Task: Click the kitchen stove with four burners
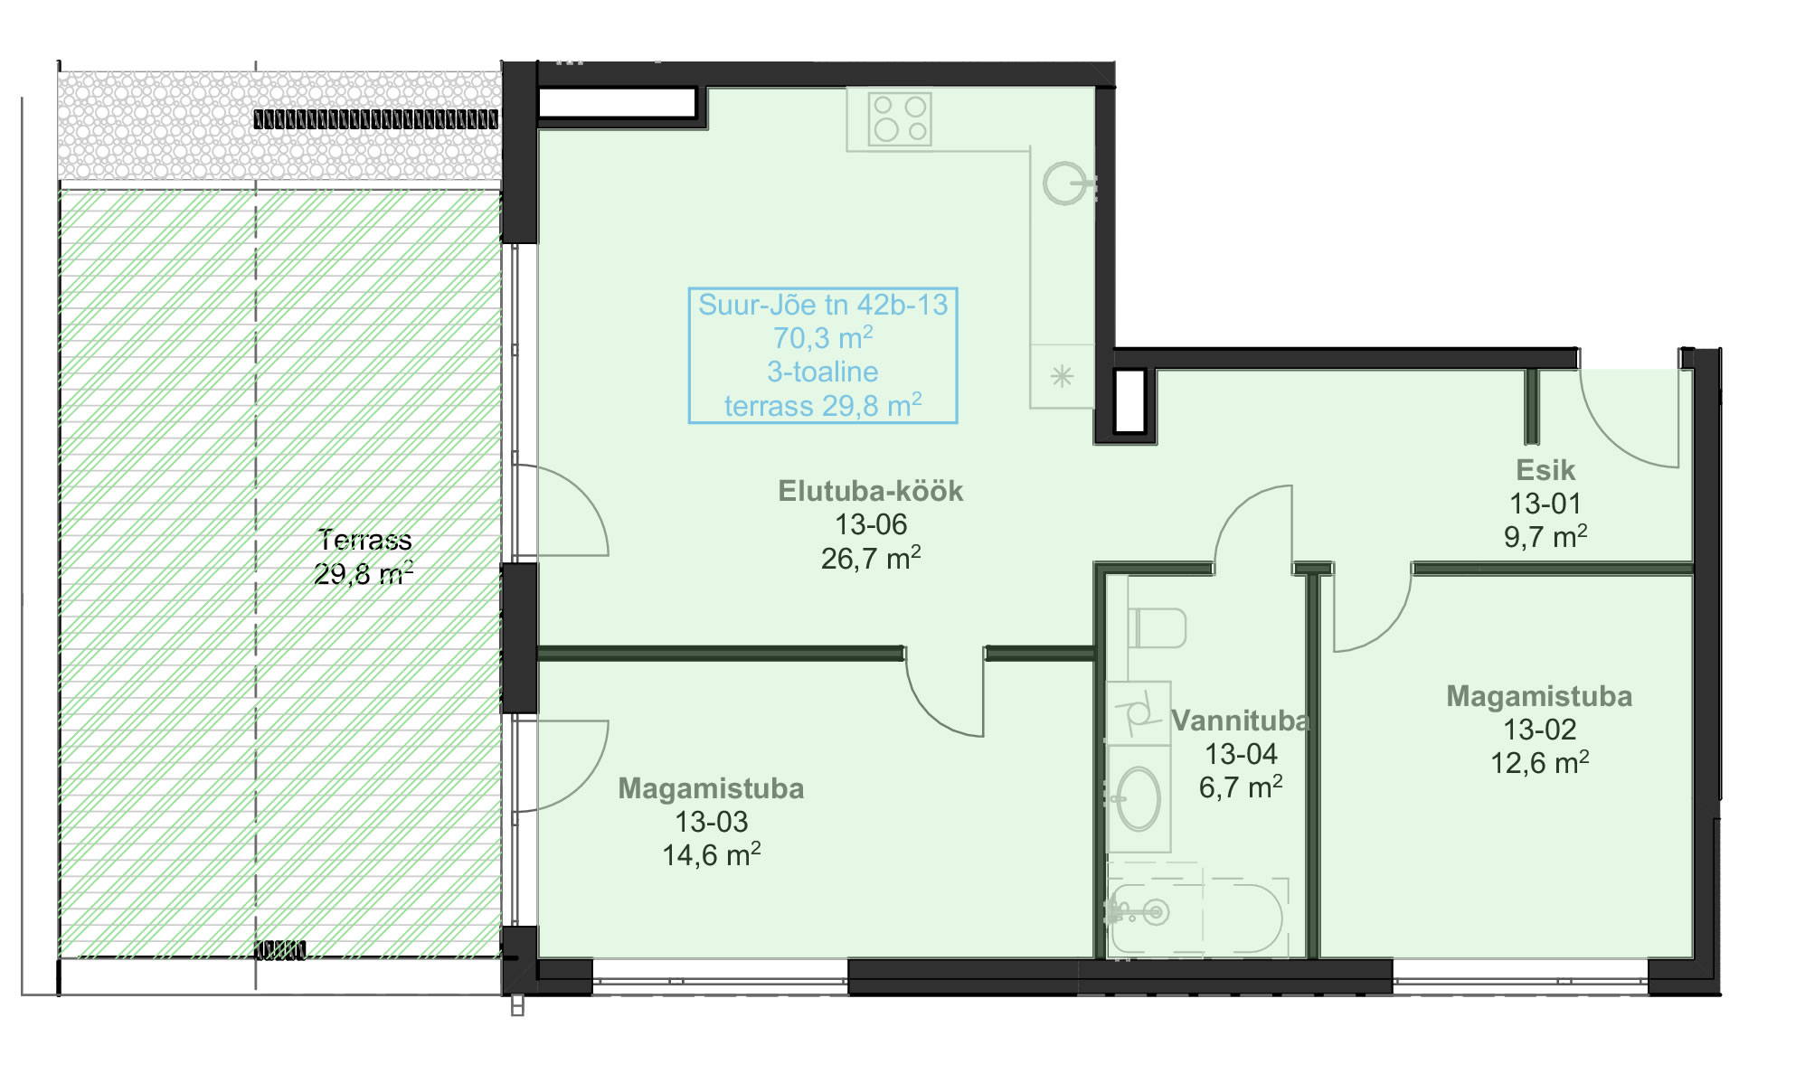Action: pos(899,118)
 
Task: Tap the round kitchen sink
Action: pos(1065,184)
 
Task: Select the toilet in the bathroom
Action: pos(1157,627)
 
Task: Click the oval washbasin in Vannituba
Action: pos(1139,799)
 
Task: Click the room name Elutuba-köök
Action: pos(870,491)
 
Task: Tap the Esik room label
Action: pos(1545,470)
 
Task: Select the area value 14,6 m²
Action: pos(712,854)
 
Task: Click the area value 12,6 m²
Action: pos(1539,762)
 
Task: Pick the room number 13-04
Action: pos(1241,754)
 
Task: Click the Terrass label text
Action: pos(364,540)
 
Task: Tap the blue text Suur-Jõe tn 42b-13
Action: pos(823,305)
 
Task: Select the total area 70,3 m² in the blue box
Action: pos(823,338)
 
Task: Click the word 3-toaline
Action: pos(823,372)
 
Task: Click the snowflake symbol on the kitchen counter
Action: pos(1062,376)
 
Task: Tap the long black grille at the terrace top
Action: pos(375,118)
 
